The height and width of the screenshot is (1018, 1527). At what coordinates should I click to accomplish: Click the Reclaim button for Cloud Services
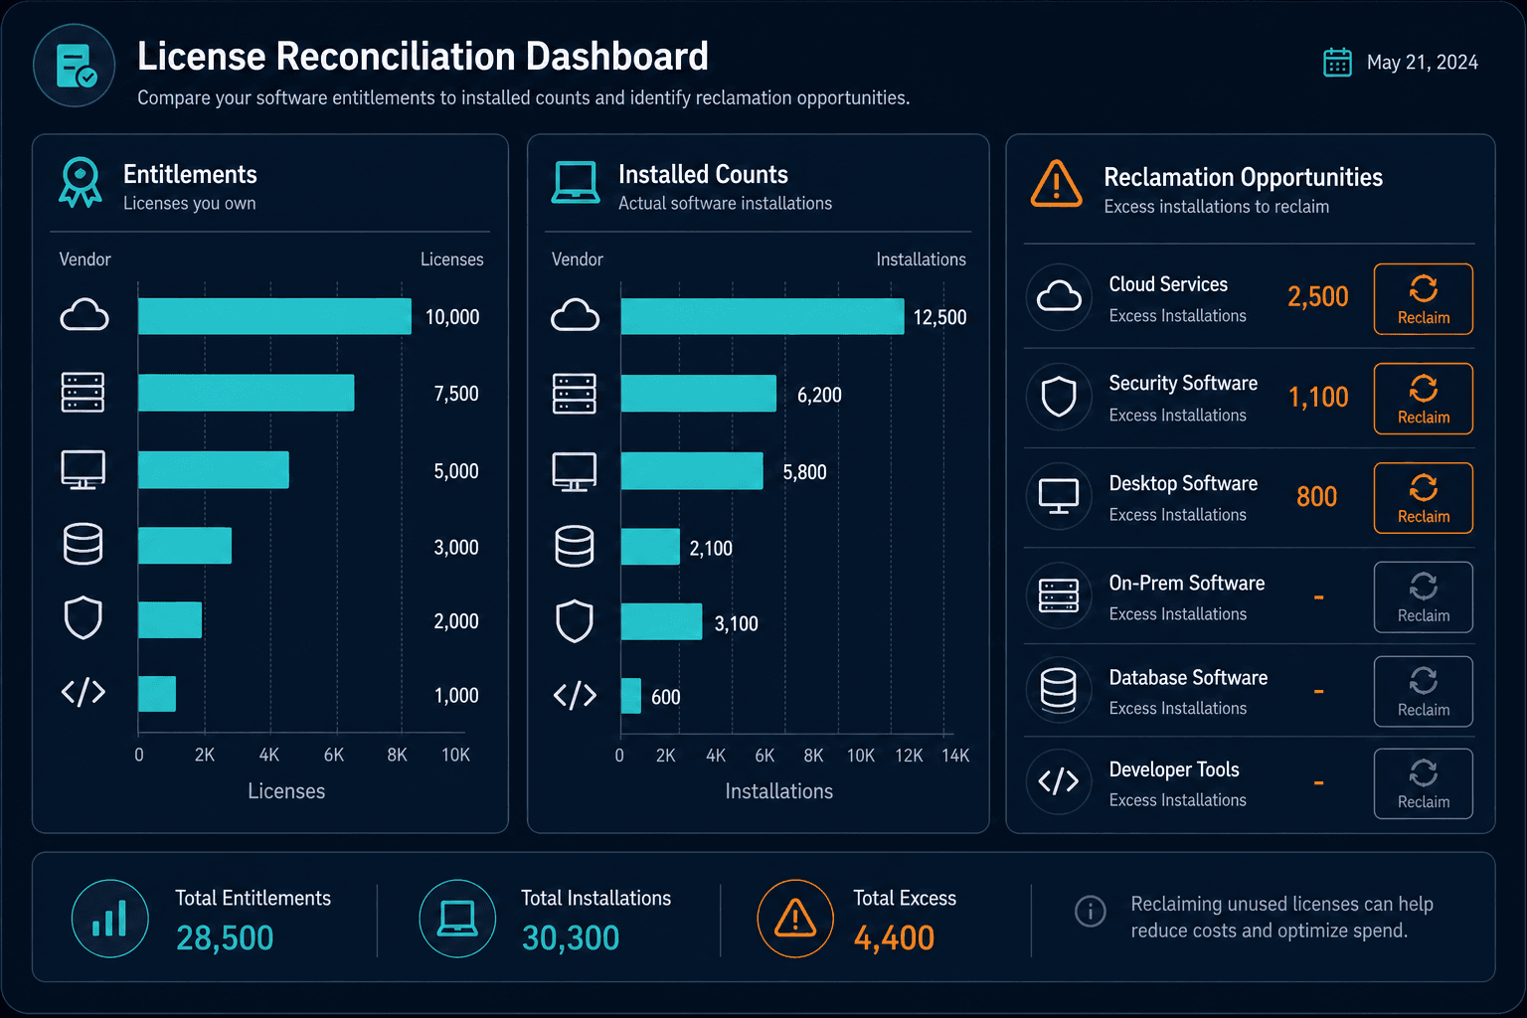(1423, 298)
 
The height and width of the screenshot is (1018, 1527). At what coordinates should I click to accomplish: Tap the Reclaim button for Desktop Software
(1423, 498)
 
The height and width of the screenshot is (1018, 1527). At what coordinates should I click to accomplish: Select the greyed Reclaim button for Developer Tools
(1423, 783)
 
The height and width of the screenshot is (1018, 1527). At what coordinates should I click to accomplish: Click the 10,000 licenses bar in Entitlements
(274, 316)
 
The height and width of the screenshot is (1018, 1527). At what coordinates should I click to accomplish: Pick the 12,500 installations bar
(763, 316)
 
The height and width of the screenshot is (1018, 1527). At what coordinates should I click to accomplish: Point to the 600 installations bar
(630, 696)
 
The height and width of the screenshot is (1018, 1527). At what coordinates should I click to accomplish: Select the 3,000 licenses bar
(185, 546)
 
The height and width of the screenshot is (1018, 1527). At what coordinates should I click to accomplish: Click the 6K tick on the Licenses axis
(334, 755)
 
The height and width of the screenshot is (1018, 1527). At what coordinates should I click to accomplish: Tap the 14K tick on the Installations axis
(955, 756)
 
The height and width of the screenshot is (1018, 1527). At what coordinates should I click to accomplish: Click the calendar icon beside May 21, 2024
(1337, 63)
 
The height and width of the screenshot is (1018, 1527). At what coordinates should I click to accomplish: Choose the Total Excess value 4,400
(894, 937)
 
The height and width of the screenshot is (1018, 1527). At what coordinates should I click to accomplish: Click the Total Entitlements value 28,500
(225, 937)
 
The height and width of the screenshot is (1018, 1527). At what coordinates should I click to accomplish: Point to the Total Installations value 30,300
(571, 937)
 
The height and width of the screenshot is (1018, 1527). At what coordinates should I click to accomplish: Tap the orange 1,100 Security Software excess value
(1318, 397)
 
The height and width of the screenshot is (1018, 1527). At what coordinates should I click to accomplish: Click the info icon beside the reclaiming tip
(1090, 911)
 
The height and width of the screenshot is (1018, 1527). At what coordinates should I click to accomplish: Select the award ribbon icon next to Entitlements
(81, 182)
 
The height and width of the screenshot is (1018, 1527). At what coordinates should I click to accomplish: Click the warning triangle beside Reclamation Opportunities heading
(1056, 183)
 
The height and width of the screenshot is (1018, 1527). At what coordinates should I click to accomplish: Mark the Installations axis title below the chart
(778, 791)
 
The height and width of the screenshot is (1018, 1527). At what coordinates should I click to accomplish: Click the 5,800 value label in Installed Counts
(804, 472)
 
